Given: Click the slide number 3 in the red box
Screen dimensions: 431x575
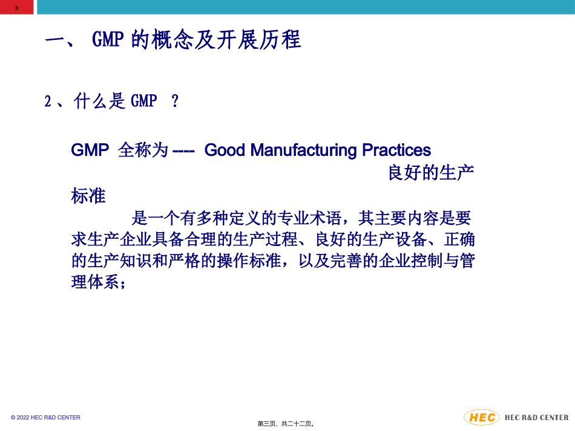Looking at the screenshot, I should click(16, 8).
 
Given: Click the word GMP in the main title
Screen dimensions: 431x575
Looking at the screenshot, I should click(108, 41).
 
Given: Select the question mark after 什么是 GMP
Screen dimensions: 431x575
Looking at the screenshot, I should click(176, 102).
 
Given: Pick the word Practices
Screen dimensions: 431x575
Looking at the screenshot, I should click(396, 150).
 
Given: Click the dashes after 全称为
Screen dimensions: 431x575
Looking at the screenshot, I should click(183, 151).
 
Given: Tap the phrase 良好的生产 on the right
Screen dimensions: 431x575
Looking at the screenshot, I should click(430, 173).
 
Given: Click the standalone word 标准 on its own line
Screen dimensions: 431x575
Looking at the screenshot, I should click(88, 196).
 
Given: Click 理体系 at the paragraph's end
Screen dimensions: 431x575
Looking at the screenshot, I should click(95, 282).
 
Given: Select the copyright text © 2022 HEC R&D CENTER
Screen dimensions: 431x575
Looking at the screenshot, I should click(45, 418).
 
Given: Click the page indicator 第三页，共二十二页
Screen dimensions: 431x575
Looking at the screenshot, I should click(285, 424).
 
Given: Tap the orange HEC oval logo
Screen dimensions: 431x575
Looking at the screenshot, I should click(482, 417).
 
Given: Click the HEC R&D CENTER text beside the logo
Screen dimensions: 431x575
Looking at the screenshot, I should click(537, 418).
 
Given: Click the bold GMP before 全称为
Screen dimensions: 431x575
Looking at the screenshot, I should click(90, 151).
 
